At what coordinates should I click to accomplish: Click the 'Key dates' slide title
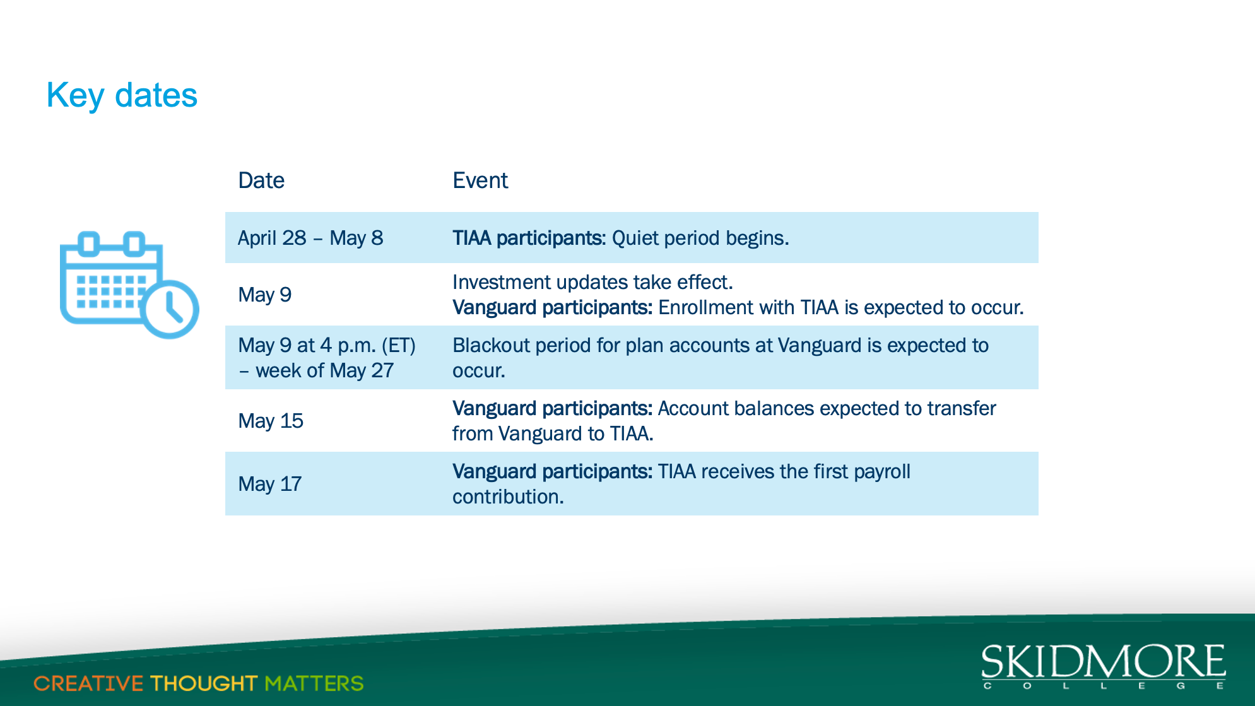pos(122,96)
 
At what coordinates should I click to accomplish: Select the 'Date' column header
pos(261,180)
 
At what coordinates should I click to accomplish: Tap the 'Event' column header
pos(480,180)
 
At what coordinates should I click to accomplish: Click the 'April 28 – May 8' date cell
pos(310,238)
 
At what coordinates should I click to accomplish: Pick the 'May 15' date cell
pos(271,421)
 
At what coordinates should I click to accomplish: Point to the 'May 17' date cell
pos(270,484)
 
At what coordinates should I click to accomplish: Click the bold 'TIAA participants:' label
pos(529,238)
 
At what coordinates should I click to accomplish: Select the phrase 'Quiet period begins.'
pos(700,238)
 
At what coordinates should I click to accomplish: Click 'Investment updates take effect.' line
pos(592,282)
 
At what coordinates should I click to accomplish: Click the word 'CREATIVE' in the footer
pos(88,683)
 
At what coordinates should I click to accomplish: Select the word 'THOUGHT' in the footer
pos(204,683)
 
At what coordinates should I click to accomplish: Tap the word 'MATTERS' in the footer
pos(314,683)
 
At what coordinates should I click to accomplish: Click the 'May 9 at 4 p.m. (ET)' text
pos(327,346)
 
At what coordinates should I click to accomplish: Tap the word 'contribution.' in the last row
pos(508,497)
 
